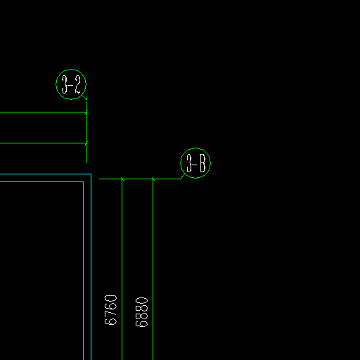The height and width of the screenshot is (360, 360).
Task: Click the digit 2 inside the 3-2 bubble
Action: click(x=77, y=84)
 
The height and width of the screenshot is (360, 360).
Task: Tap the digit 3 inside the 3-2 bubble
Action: click(x=65, y=84)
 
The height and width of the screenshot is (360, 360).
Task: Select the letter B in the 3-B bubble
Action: click(x=202, y=163)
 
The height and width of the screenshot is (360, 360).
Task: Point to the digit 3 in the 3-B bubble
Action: click(x=189, y=163)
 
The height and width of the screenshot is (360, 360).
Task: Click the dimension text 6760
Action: click(x=110, y=310)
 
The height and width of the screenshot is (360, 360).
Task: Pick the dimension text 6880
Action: click(x=141, y=312)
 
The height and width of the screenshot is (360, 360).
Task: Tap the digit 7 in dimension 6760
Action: click(x=110, y=314)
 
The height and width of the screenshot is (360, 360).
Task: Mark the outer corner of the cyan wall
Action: click(x=91, y=174)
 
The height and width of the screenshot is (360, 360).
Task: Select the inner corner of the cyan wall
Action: click(x=83, y=181)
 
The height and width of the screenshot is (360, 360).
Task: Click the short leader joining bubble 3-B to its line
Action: click(x=182, y=176)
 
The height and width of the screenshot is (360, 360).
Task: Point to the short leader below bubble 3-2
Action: click(x=84, y=98)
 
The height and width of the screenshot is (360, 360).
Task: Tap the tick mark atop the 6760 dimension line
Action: click(x=122, y=179)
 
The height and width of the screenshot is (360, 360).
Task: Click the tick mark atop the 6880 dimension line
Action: click(x=153, y=179)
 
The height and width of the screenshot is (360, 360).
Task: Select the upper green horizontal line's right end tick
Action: click(x=86, y=112)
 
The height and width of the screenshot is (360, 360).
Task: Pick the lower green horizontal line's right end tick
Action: click(x=86, y=143)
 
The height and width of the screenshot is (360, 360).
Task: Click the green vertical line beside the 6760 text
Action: click(x=122, y=269)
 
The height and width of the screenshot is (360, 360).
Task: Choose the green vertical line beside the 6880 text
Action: click(x=153, y=269)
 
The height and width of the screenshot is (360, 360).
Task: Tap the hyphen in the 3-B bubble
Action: click(x=195, y=164)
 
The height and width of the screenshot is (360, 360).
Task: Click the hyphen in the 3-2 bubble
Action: click(x=70, y=85)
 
